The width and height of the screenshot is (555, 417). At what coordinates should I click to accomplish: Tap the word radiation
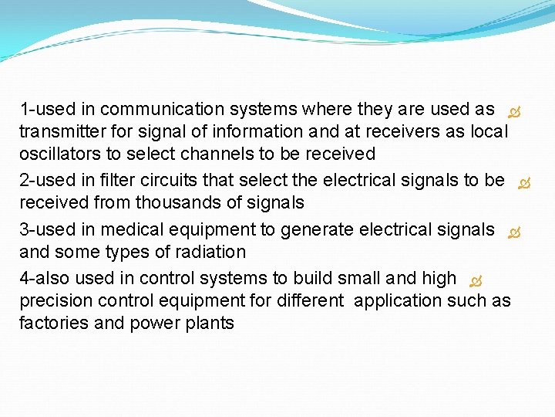coord(210,252)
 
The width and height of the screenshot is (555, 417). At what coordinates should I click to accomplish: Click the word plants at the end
coord(210,323)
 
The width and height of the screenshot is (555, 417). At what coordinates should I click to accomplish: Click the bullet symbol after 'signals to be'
coord(524,184)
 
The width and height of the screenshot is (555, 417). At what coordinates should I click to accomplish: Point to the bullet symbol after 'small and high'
coord(476,280)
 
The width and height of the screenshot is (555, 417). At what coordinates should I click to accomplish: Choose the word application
coord(395,300)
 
